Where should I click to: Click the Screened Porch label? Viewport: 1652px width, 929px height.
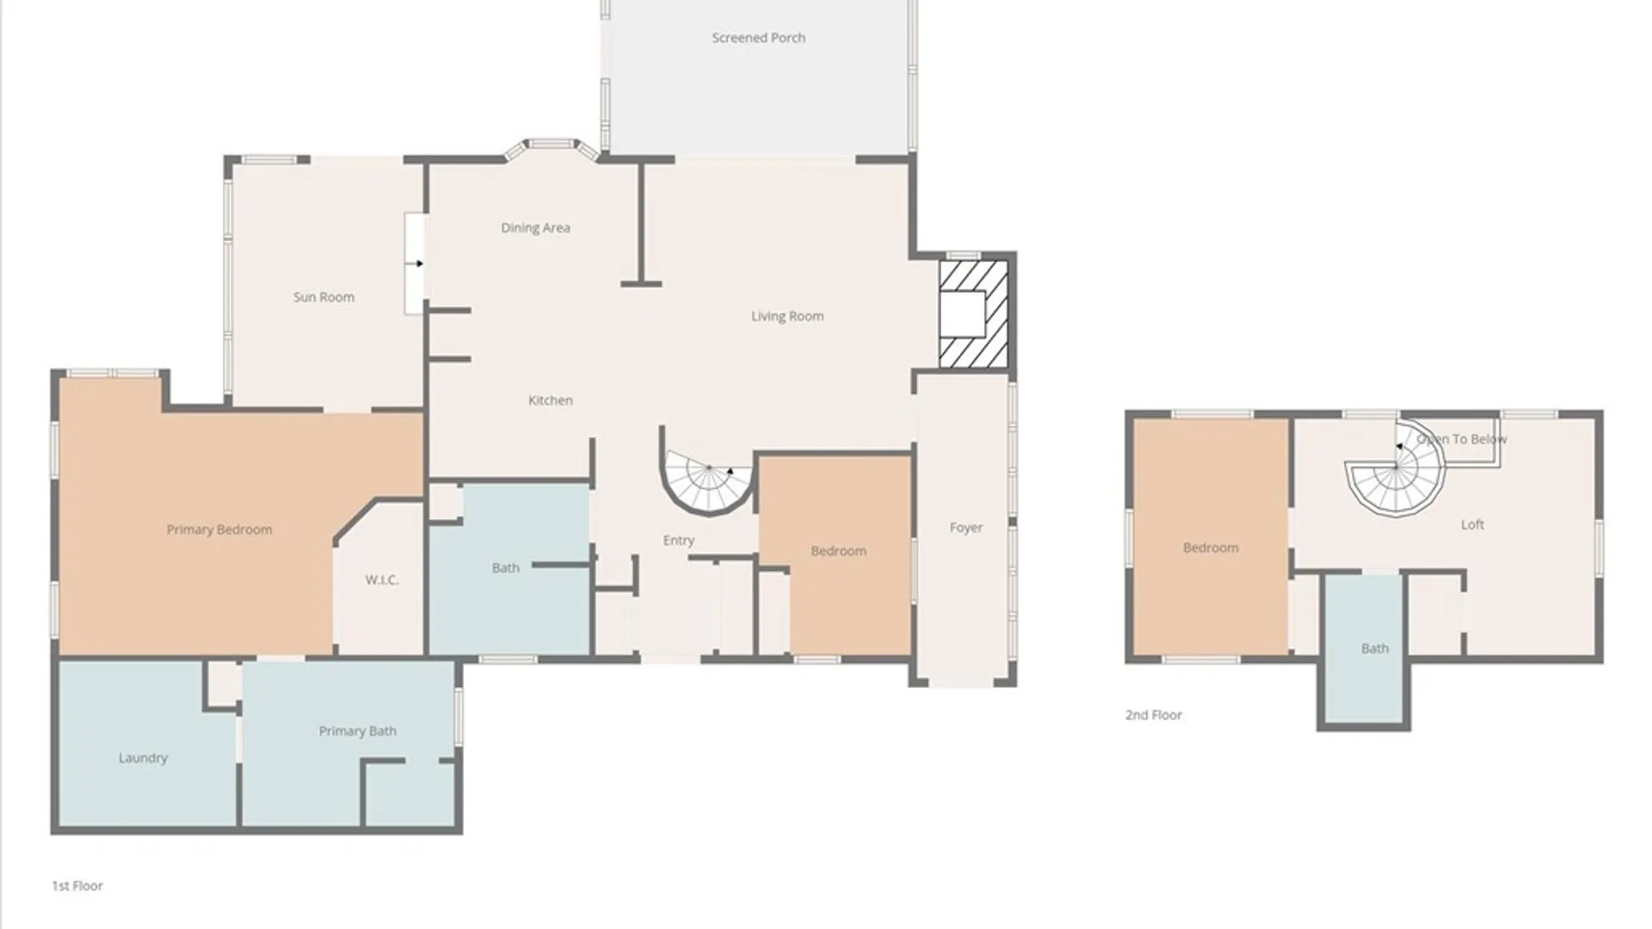759,38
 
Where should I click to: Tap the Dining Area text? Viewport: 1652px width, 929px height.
535,228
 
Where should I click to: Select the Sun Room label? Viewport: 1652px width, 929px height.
324,297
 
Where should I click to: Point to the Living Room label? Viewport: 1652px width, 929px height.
787,317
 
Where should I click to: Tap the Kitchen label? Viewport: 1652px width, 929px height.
551,400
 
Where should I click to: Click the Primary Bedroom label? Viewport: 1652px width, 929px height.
219,530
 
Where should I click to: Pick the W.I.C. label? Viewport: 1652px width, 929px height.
381,580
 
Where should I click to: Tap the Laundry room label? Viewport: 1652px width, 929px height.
143,758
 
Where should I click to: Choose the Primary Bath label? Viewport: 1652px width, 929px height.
358,731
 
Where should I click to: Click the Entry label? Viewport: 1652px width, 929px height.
679,540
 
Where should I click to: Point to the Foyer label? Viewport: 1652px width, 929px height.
966,527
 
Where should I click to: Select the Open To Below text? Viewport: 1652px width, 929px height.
1462,439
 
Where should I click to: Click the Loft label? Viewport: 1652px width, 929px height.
1472,525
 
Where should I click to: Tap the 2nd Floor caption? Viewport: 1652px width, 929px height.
1154,715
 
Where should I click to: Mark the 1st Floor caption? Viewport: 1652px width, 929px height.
77,885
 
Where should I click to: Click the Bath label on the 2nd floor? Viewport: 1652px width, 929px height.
1375,649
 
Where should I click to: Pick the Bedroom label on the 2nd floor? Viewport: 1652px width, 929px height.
1211,548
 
